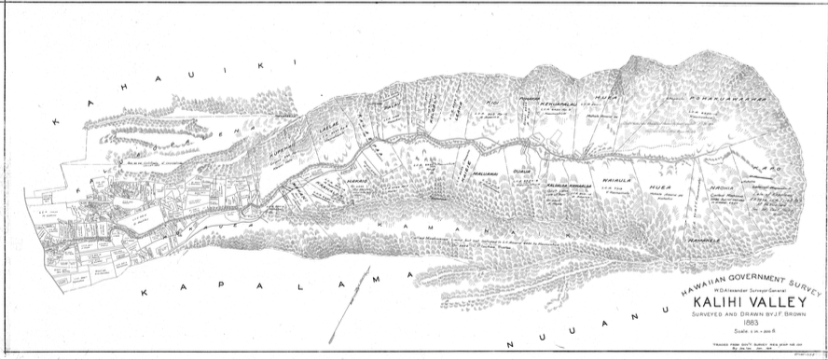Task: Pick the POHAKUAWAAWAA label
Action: (695, 94)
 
